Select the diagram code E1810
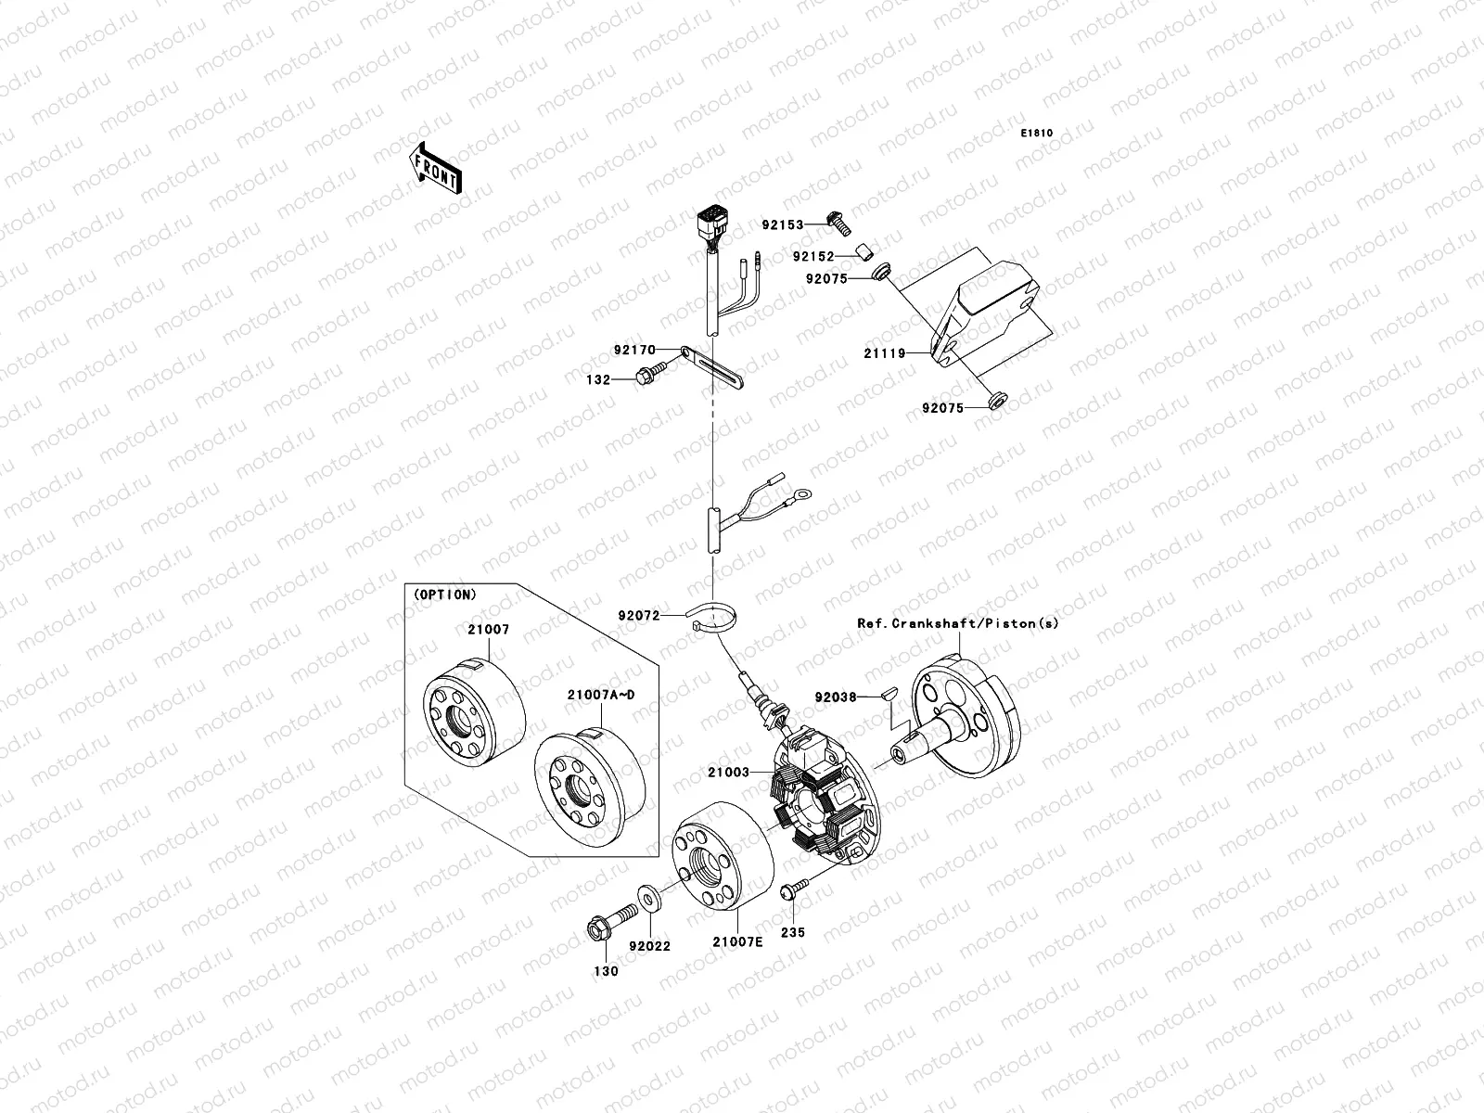pyautogui.click(x=1037, y=134)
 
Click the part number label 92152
pyautogui.click(x=813, y=257)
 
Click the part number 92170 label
pyautogui.click(x=634, y=351)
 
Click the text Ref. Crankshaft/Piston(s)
pyautogui.click(x=956, y=623)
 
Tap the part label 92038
pyautogui.click(x=836, y=697)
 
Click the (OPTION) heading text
pyautogui.click(x=443, y=594)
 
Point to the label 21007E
pyautogui.click(x=737, y=942)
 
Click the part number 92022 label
pyautogui.click(x=649, y=947)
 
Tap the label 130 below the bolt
pyautogui.click(x=605, y=971)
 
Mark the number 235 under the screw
pyautogui.click(x=793, y=933)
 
